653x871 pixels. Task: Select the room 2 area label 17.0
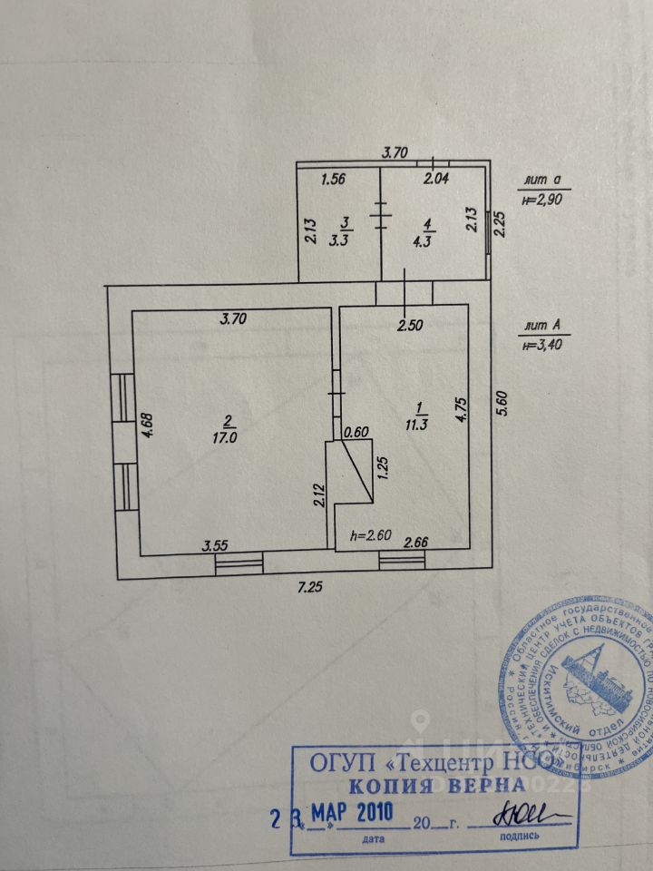click(229, 427)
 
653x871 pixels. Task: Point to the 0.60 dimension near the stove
click(355, 433)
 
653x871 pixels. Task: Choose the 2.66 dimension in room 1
click(415, 543)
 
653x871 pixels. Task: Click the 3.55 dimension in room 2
click(214, 545)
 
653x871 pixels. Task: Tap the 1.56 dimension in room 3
click(334, 180)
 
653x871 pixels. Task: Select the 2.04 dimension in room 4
click(436, 180)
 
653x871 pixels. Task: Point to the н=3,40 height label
click(541, 344)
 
